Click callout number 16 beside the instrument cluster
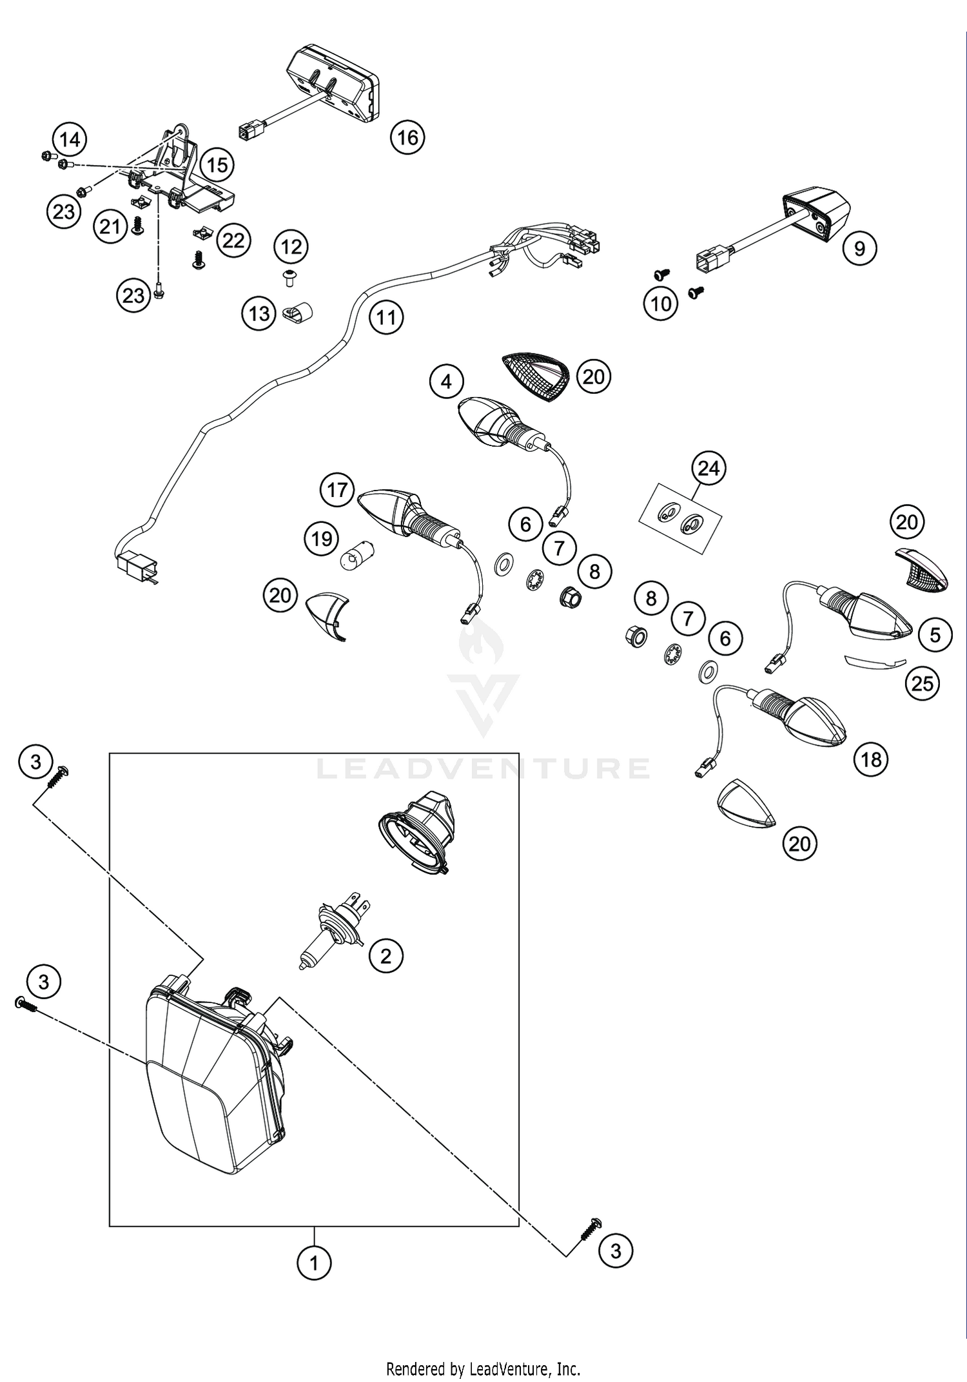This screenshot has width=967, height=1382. point(407,137)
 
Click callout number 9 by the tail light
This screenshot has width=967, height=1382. point(859,248)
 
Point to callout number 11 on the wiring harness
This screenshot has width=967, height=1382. point(386,318)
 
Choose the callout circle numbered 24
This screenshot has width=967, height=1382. point(708,468)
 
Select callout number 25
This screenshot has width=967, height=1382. point(922,683)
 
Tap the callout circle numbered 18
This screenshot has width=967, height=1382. point(871,759)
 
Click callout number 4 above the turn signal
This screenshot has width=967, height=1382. point(446,382)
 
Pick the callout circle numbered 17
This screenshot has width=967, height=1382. point(337,491)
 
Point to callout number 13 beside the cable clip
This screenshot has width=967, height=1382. point(259,314)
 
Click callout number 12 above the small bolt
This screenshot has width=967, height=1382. point(291,247)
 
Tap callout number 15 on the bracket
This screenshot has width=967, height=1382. point(217,165)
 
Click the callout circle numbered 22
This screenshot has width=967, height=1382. point(233,240)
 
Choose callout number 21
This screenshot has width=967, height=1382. point(110,226)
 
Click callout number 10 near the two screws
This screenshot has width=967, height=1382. point(661,304)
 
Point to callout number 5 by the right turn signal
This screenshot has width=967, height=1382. point(935,635)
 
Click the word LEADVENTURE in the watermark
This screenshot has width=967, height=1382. point(483,768)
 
